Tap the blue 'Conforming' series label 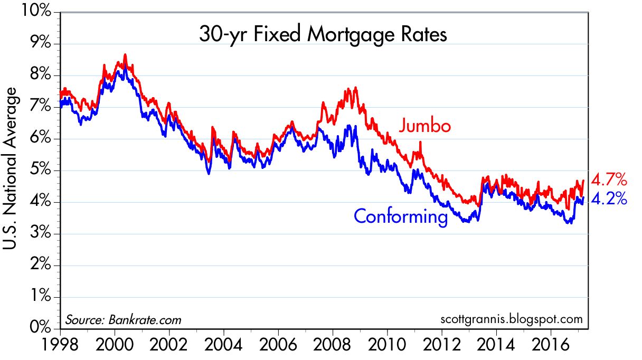click(401, 216)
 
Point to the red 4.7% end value click(609, 180)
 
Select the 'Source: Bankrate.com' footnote click(123, 319)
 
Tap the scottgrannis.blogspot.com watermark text click(511, 319)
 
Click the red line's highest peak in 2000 click(125, 54)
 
